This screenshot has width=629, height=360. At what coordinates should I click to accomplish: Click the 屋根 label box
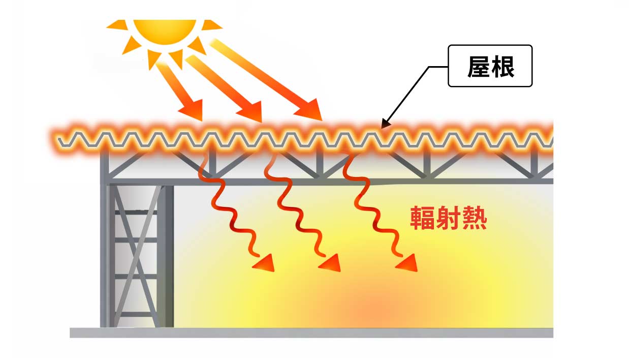490,66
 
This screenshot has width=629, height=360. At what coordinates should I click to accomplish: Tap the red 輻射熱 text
449,218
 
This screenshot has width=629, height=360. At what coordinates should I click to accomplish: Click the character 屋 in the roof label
479,67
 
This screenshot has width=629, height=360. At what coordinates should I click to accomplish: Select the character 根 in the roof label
503,67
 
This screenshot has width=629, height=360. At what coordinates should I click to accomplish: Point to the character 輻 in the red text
423,218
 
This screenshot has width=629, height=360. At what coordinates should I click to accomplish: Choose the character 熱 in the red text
475,218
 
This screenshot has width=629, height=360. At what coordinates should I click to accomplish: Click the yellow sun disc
165,32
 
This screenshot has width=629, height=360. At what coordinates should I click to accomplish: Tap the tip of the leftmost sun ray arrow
202,121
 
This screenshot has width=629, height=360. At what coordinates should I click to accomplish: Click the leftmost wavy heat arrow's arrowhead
265,263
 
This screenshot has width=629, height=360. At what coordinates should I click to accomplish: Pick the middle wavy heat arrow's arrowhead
331,263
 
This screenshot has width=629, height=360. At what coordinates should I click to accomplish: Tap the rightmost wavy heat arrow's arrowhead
408,263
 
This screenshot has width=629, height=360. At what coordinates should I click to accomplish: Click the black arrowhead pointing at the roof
386,124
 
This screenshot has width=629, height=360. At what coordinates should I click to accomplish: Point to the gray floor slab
311,333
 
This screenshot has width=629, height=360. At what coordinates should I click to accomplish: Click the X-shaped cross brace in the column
136,256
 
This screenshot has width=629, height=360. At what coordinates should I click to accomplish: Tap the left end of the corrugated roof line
59,139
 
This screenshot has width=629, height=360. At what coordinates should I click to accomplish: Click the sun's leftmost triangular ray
117,24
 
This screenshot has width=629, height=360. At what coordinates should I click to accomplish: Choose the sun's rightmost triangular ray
211,24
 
